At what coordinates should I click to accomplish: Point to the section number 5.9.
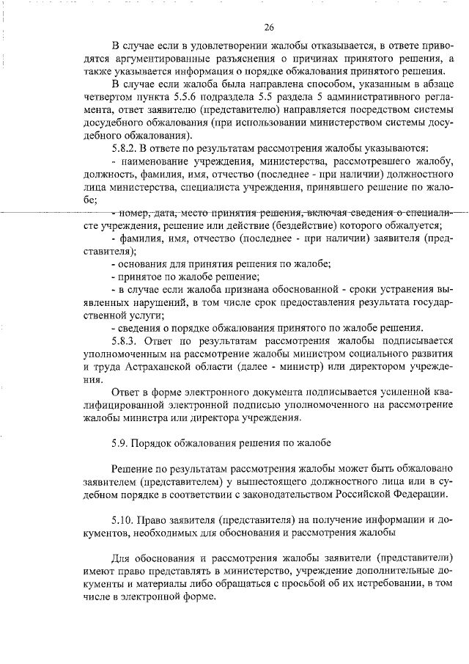122,444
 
